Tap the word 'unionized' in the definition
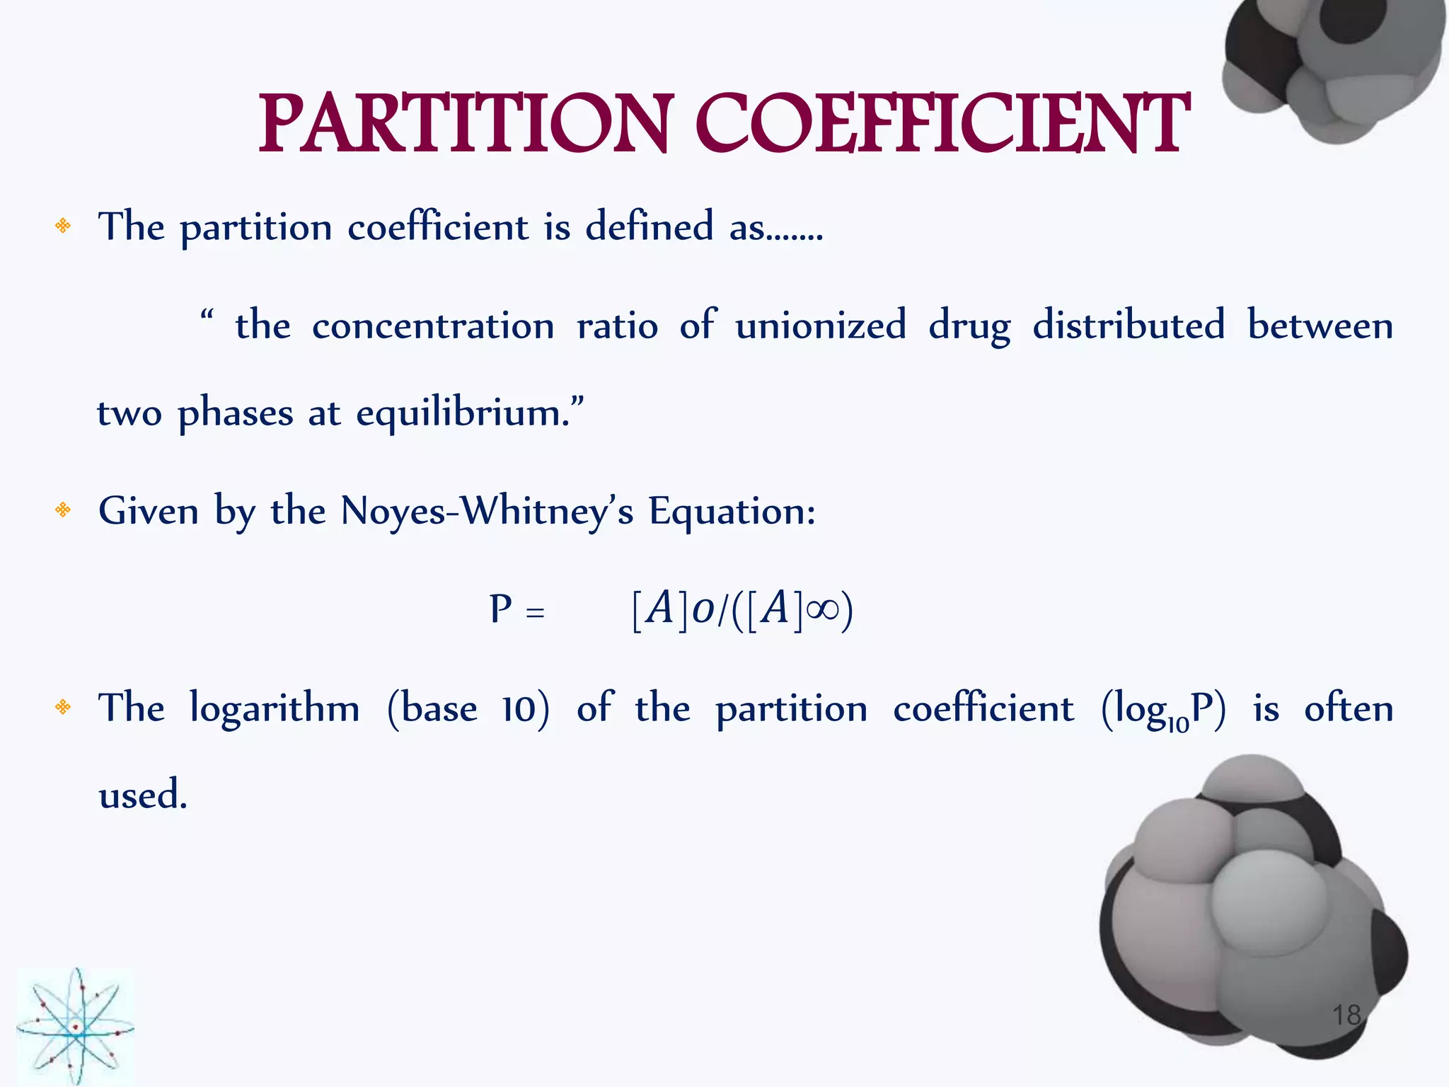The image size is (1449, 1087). pyautogui.click(x=821, y=325)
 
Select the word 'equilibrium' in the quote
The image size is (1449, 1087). pyautogui.click(x=462, y=413)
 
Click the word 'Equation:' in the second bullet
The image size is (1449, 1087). pyautogui.click(x=732, y=511)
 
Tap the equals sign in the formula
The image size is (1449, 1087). pyautogui.click(x=536, y=611)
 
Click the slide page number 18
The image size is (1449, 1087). pyautogui.click(x=1346, y=1015)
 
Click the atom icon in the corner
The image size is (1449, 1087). pyautogui.click(x=75, y=1026)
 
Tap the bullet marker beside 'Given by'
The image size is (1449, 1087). pyautogui.click(x=63, y=510)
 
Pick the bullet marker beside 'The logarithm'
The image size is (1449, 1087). pyautogui.click(x=63, y=706)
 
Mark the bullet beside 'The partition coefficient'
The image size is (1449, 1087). pyautogui.click(x=63, y=226)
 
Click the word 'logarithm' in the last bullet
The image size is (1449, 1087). pyautogui.click(x=275, y=708)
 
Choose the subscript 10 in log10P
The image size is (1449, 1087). pyautogui.click(x=1178, y=724)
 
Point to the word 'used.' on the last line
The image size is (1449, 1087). pyautogui.click(x=143, y=795)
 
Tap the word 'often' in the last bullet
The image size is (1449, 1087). pyautogui.click(x=1349, y=708)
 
